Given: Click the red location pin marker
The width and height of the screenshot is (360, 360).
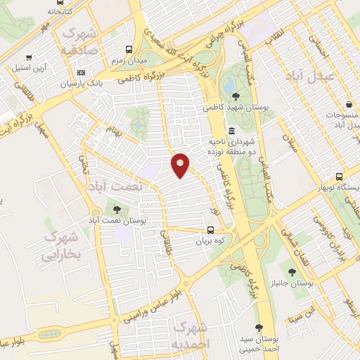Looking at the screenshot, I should click(181, 165).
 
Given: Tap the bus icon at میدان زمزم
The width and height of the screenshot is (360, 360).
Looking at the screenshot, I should click(129, 50).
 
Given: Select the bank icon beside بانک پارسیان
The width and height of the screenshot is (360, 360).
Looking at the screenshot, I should click(82, 73).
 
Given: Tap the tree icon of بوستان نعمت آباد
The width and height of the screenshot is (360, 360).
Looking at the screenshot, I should click(117, 209).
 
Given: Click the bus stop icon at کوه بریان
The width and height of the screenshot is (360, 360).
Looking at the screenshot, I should click(211, 230).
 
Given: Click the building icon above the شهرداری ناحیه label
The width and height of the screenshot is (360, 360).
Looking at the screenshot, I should click(232, 131).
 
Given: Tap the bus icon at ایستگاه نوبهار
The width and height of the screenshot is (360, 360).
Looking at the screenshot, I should click(340, 176).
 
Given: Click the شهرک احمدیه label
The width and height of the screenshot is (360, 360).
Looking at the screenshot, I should click(191, 335).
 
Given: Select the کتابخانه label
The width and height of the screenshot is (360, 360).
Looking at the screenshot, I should click(60, 11).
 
